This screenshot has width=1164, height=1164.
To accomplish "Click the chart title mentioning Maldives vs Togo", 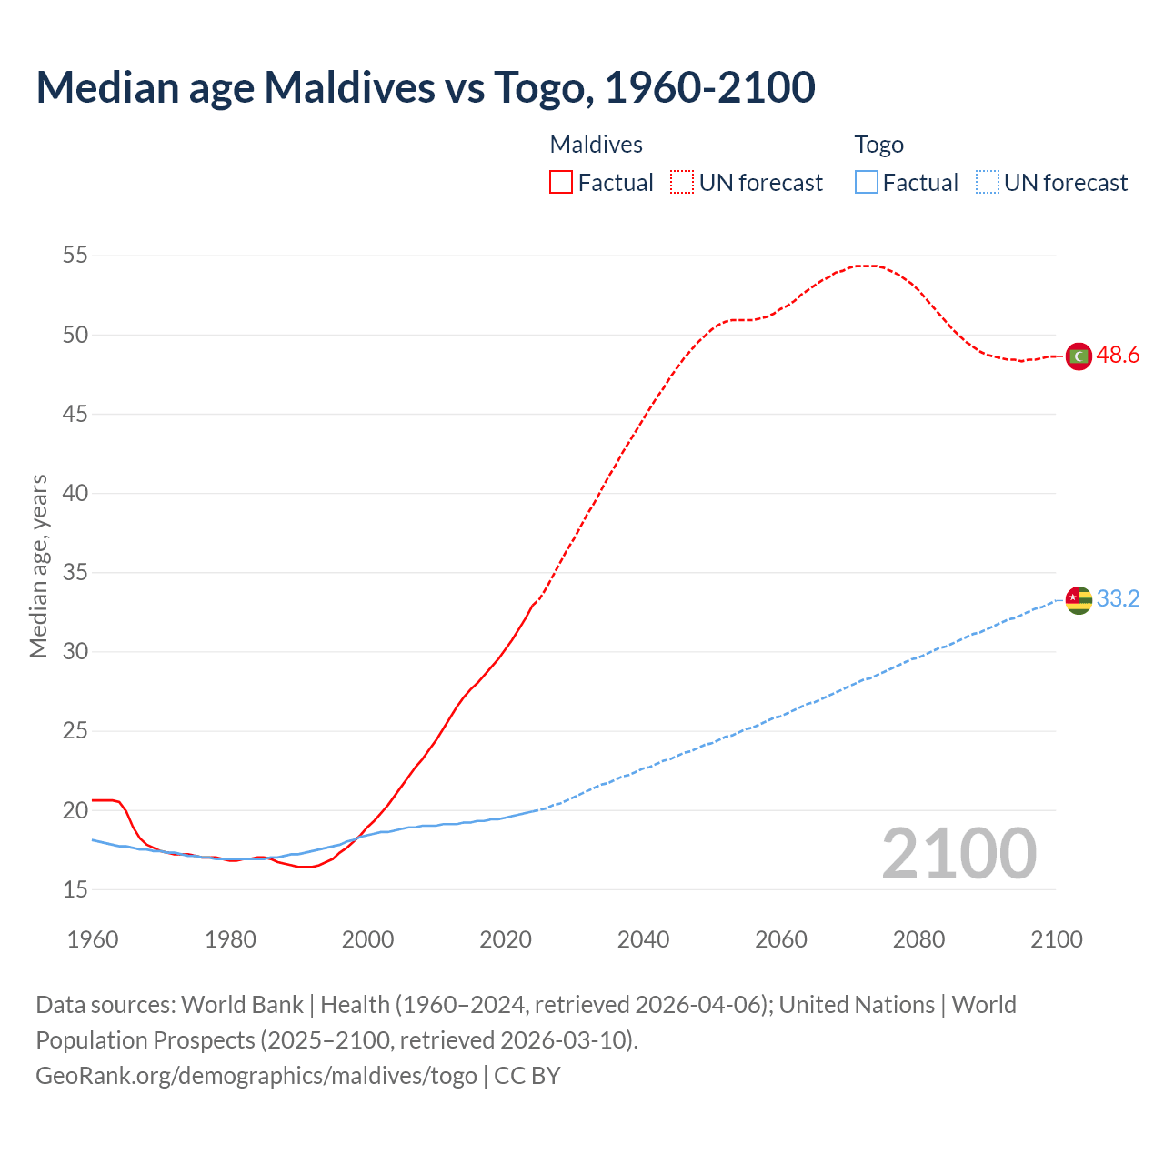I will [x=426, y=87].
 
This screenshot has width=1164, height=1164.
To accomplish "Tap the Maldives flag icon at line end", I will [x=1079, y=356].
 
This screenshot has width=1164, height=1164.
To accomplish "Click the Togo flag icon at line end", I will [x=1079, y=600].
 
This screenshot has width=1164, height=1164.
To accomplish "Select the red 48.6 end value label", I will [x=1118, y=356].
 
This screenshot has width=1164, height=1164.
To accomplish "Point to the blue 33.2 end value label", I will [x=1118, y=599].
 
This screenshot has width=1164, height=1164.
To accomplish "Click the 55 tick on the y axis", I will [x=75, y=256].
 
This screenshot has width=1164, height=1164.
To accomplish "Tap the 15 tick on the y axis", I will [x=75, y=889].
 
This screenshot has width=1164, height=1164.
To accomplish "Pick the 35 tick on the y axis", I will [x=75, y=573].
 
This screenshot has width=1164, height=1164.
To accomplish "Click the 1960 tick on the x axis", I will [x=93, y=939].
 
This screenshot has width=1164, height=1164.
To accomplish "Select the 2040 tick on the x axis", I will [x=643, y=939].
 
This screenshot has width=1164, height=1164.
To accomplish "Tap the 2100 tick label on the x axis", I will [x=1056, y=939].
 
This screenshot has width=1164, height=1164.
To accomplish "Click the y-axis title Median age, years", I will [x=38, y=566].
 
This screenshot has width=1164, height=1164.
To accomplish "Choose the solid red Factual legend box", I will [x=561, y=183].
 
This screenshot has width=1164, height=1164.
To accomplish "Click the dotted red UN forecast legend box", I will [x=682, y=183].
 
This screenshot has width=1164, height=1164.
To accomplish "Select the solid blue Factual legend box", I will [x=867, y=183].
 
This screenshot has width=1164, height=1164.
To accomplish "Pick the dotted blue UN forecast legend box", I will [x=988, y=183].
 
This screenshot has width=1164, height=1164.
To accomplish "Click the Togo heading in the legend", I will [x=878, y=145].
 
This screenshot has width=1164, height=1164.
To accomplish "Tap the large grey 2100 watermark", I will [x=958, y=854].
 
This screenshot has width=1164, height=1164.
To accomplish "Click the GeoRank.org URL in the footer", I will [x=256, y=1076].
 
